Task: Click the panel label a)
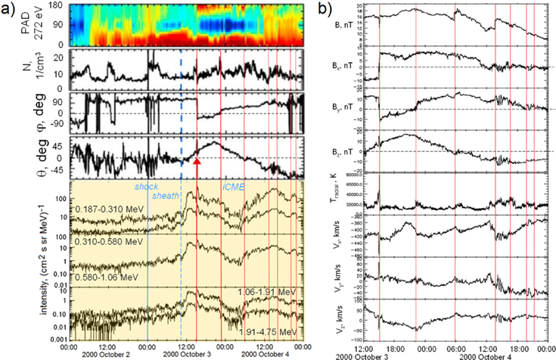pos(11,11)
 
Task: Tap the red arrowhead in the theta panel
pos(197,162)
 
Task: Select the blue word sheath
pos(166,195)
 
